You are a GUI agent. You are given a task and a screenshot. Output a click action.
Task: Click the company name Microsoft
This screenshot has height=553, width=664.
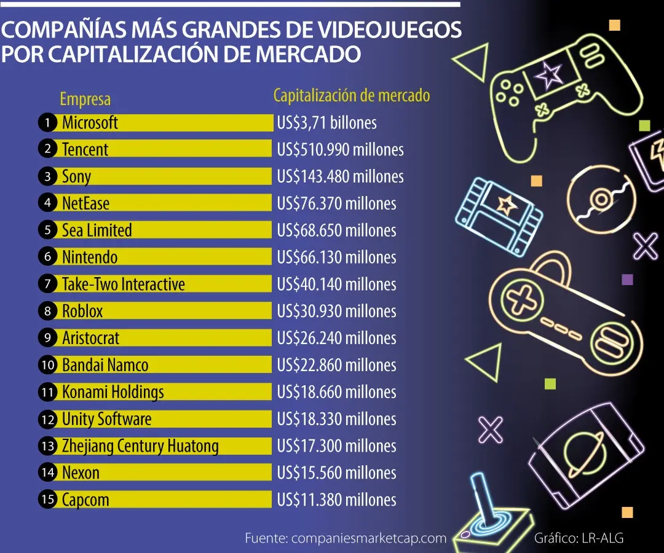[x=90, y=123]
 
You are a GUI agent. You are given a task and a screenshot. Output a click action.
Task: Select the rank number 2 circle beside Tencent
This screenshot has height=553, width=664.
[x=47, y=149]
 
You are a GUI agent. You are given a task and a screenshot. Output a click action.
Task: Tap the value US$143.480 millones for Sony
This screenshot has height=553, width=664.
[x=341, y=176]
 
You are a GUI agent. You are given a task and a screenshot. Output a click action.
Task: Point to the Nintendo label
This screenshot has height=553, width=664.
[x=90, y=257]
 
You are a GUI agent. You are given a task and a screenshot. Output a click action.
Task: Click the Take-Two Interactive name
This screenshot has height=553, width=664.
[x=124, y=284]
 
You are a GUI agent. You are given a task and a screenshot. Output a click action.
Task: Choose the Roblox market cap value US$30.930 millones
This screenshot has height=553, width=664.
[x=337, y=311]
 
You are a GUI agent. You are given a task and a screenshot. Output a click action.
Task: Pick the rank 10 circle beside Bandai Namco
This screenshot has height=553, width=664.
[x=48, y=365]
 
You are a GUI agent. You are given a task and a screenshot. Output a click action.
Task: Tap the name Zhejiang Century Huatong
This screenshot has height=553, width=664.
[x=141, y=446]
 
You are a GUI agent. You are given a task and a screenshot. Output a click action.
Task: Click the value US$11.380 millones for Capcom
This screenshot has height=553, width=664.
[x=337, y=500]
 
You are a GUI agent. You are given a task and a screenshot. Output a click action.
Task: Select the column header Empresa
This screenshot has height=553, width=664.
[x=85, y=99]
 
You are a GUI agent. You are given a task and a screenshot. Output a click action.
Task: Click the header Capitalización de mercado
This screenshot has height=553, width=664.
[x=352, y=95]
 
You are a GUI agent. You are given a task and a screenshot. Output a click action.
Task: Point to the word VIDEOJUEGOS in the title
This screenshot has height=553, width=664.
[x=390, y=29]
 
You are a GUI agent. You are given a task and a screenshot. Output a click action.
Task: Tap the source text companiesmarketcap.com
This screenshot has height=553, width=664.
[x=369, y=538]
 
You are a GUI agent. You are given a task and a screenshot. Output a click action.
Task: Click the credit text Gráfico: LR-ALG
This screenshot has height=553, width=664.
[x=579, y=538]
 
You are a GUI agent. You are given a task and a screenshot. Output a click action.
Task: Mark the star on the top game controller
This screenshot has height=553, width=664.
[x=549, y=76]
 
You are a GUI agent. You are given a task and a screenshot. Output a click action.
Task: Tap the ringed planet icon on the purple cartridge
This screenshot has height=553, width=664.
[x=584, y=453]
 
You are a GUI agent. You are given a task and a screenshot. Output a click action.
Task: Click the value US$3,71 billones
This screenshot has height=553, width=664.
[x=327, y=123]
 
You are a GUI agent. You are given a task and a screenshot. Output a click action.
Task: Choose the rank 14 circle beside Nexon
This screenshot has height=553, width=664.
[x=48, y=473]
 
